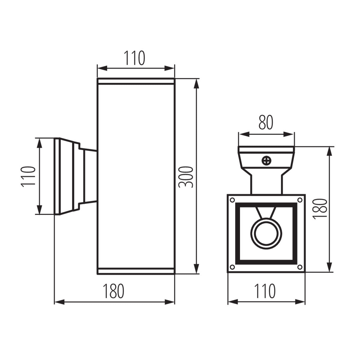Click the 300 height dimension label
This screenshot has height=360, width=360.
click(185, 177)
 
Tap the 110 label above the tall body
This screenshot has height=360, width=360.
click(135, 58)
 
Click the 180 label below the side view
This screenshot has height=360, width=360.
click(113, 291)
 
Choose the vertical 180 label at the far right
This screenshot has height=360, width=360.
click(319, 209)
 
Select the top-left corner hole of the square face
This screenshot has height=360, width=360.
click(232, 199)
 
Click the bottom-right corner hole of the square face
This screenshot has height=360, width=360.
click(299, 267)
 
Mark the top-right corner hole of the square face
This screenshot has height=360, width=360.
click(299, 199)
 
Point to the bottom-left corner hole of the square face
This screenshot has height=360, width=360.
click(232, 267)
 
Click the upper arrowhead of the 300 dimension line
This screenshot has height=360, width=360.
click(196, 84)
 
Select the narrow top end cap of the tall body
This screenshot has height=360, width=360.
click(136, 81)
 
